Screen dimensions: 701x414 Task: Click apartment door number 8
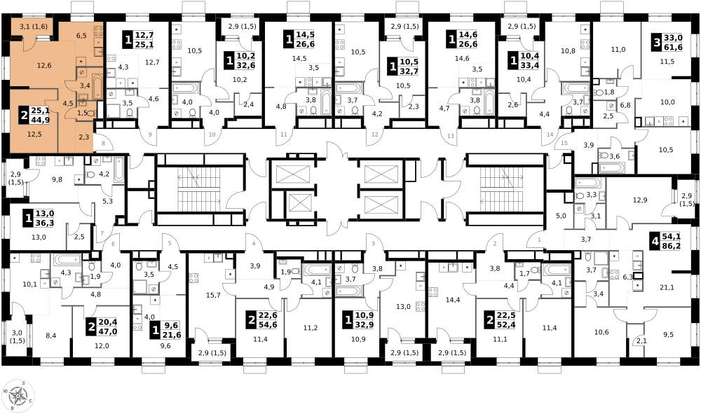coord(103,144)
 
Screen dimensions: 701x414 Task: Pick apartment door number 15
coord(564,143)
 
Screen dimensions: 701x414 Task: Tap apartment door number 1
coord(539,240)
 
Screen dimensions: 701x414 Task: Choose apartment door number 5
coord(170,243)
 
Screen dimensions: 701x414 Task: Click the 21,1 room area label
coord(667,288)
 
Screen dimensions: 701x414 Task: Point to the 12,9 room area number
coord(640,200)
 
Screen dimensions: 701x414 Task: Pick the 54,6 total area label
coord(268,324)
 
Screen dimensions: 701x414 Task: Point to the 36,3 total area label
coord(45,222)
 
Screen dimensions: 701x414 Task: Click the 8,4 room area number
coord(51,336)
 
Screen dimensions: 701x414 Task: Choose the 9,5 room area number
coord(668,334)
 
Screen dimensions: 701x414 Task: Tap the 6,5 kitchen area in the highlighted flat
coord(81,36)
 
